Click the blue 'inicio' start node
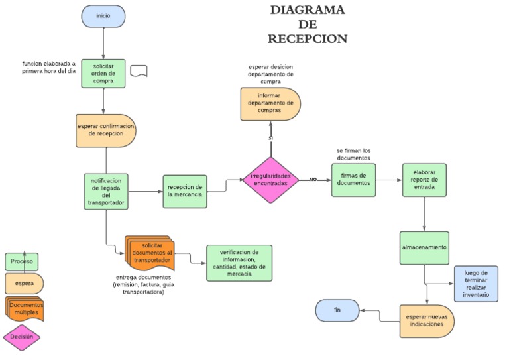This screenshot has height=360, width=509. tap(103, 16)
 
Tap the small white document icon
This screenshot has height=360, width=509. tap(139, 71)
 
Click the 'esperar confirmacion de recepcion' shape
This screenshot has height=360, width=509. tap(106, 130)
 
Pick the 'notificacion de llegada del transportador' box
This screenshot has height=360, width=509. tap(106, 192)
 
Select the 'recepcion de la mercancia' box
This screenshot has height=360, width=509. tap(185, 190)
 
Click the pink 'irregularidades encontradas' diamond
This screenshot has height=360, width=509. tap(270, 180)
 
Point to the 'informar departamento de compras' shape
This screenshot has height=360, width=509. tap(270, 103)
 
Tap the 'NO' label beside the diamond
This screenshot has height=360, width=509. tap(313, 180)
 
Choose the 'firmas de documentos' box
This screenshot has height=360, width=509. tap(353, 180)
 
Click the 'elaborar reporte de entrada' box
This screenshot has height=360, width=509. tap(424, 180)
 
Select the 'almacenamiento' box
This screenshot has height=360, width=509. tap(424, 247)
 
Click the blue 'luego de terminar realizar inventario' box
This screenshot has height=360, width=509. tap(476, 283)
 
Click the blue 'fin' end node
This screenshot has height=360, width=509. tap(337, 310)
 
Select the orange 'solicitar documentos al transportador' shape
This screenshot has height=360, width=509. tap(152, 253)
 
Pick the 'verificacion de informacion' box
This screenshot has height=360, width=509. tap(239, 263)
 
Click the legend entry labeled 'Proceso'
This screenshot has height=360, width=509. tap(22, 261)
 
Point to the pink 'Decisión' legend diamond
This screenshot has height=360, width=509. tap(22, 337)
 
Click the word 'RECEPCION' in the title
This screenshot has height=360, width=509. tap(307, 39)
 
